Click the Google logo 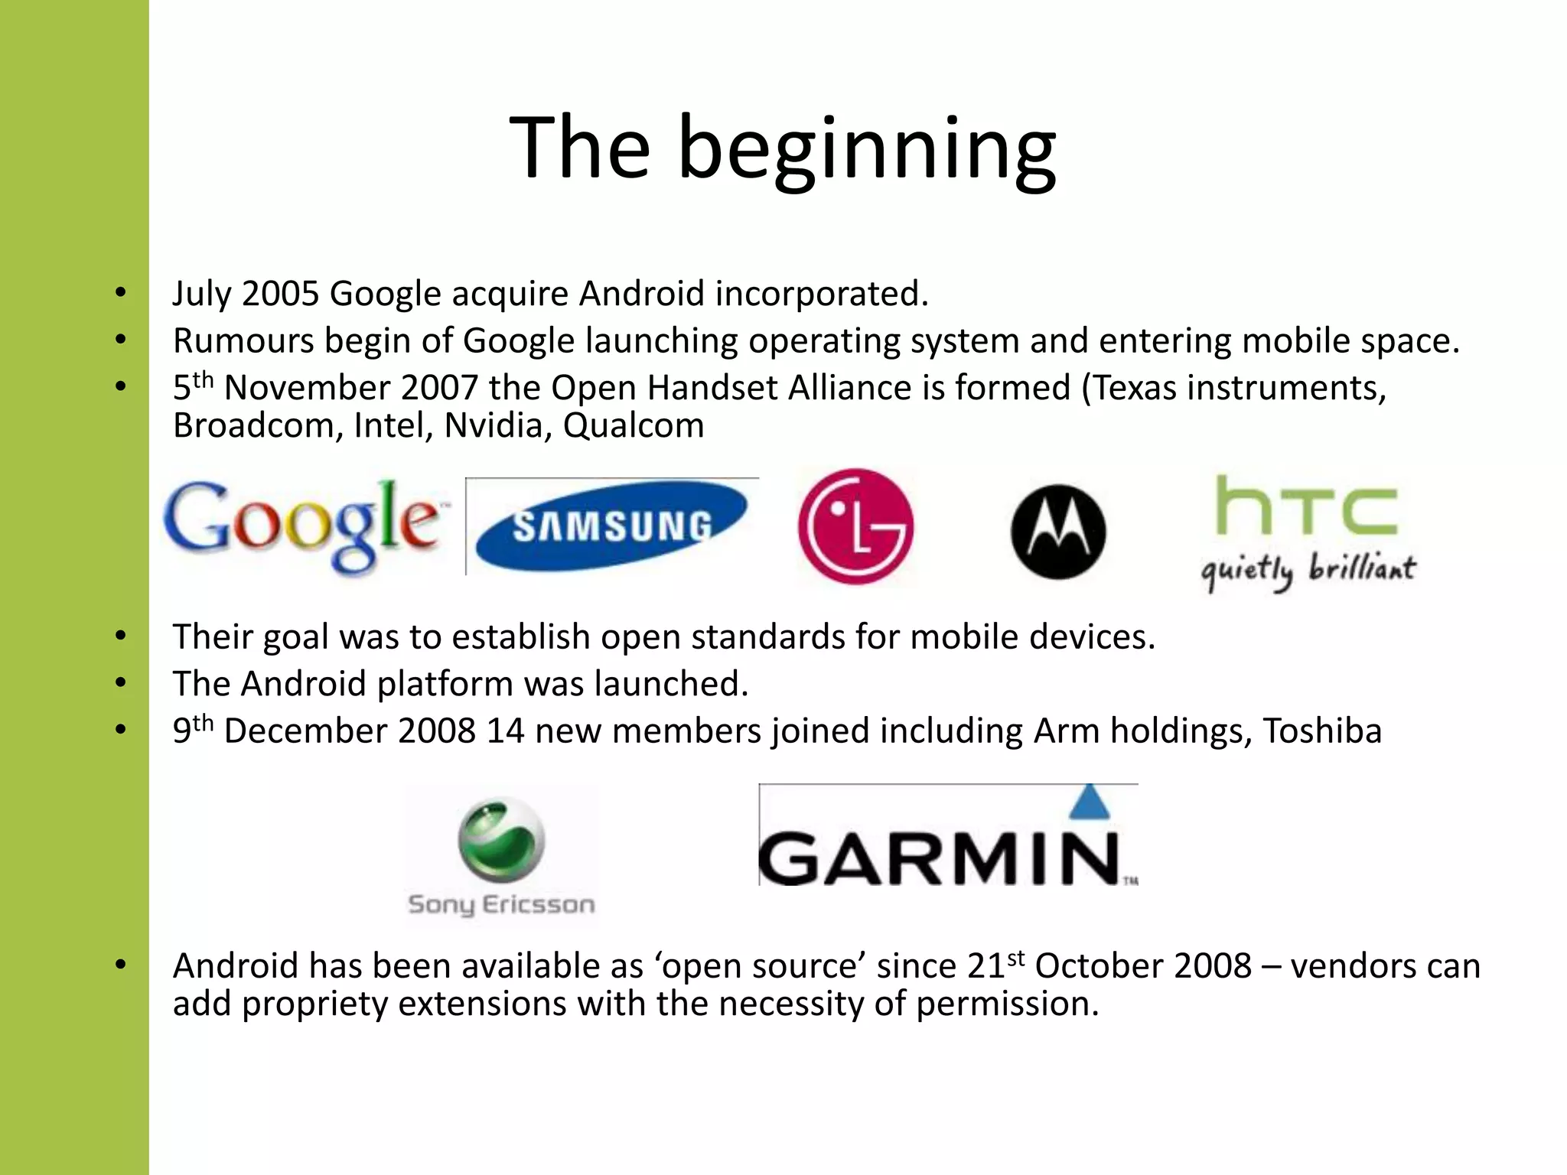coord(302,525)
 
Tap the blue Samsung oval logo coord(611,527)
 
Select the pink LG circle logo coord(855,526)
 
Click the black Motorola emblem coord(1058,532)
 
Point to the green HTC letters coord(1307,506)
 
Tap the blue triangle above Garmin coord(1090,803)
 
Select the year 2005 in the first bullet coord(280,294)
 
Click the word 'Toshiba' coord(1322,731)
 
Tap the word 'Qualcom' coord(634,425)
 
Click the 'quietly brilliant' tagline coord(1308,570)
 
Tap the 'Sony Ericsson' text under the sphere coord(501,905)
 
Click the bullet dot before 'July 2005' coord(120,293)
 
